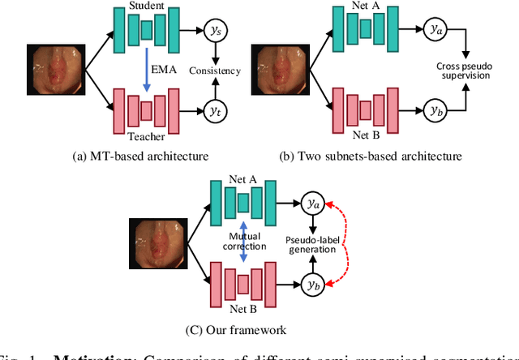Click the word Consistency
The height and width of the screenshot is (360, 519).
tap(214, 71)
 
